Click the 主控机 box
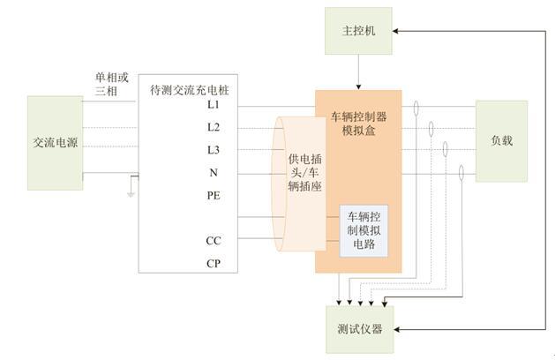(358, 31)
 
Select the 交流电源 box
(56, 143)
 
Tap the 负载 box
(501, 141)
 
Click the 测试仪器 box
(360, 329)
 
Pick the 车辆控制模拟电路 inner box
(364, 230)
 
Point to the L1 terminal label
(214, 105)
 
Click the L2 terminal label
(214, 127)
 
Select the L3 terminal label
(214, 150)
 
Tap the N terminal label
(214, 173)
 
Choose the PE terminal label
(214, 195)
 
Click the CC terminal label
(214, 241)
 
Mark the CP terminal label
(214, 263)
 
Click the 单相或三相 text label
(111, 84)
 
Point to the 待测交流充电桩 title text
(190, 90)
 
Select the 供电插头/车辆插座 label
(304, 173)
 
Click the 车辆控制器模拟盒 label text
(358, 124)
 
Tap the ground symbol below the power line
(131, 194)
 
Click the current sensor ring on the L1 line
(416, 108)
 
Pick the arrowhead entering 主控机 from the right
(395, 31)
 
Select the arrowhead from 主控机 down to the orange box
(358, 86)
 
